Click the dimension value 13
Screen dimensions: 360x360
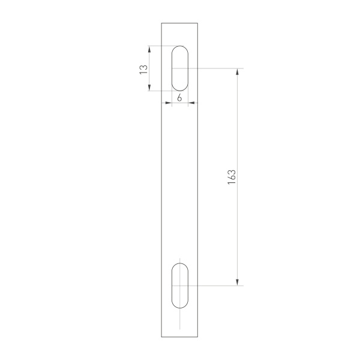tap(143, 68)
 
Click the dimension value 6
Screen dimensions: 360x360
tap(179, 97)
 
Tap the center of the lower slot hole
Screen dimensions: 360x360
tap(180, 286)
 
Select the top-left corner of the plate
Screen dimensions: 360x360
tap(161, 23)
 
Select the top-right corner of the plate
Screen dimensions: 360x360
tap(199, 23)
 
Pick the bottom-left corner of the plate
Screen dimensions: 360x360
tap(161, 337)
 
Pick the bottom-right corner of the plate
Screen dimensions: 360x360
tap(199, 337)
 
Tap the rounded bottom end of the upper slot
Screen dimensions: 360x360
tap(180, 91)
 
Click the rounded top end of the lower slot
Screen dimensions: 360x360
tap(180, 263)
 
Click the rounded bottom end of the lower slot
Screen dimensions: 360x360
tap(180, 308)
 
